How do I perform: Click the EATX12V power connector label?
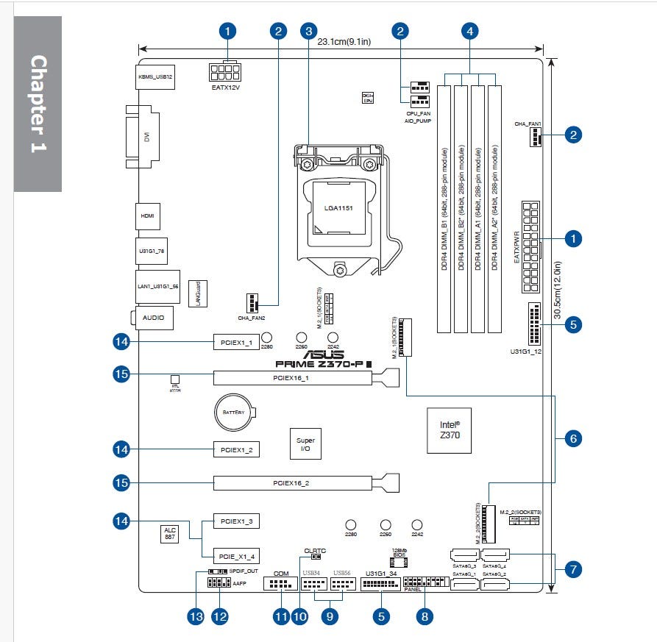[x=226, y=88]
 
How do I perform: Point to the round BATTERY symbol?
[x=233, y=413]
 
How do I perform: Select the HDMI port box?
[x=147, y=216]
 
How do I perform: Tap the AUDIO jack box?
[x=154, y=318]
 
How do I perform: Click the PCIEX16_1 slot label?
[x=292, y=378]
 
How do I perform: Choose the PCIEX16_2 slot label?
[x=292, y=483]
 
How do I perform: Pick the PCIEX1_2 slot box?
[x=236, y=449]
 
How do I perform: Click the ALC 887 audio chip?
[x=169, y=534]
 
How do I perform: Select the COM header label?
[x=280, y=573]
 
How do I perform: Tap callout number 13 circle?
[x=194, y=617]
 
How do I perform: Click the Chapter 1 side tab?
[x=38, y=103]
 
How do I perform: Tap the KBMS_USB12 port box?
[x=156, y=76]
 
